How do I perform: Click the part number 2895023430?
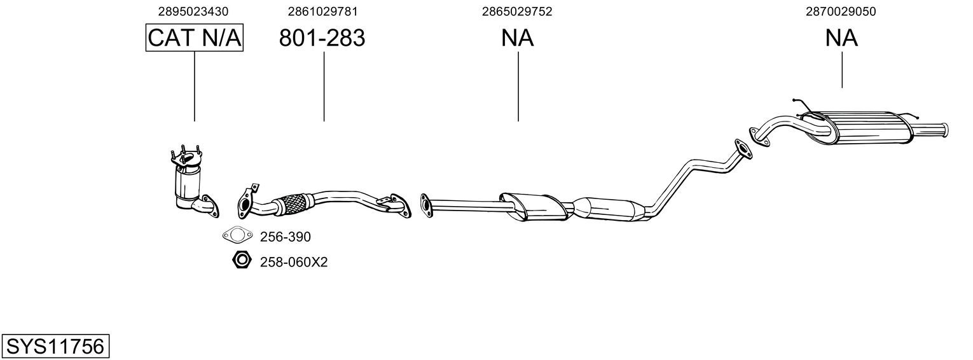[193, 11]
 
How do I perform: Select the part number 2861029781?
[322, 11]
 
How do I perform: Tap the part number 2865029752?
[517, 11]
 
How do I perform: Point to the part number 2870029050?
[841, 11]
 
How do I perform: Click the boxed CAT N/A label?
[194, 38]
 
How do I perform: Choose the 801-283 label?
[322, 38]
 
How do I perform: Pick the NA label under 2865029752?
[517, 38]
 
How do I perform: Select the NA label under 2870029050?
[841, 38]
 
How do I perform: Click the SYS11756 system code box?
[55, 347]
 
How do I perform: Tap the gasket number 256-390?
[286, 237]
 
